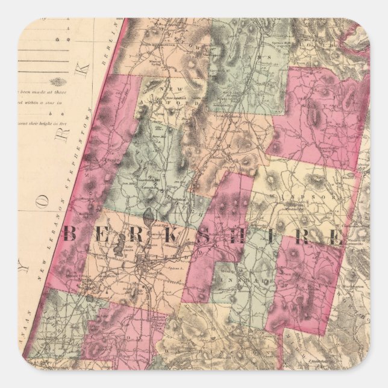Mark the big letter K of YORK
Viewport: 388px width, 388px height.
[x=86, y=66]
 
